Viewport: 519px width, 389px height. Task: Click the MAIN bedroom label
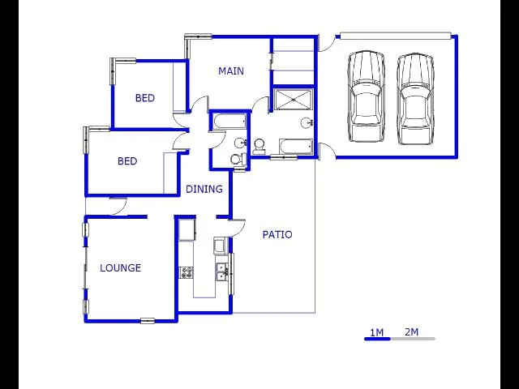point(231,71)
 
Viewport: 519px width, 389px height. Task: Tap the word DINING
point(204,189)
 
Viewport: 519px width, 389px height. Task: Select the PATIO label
point(277,234)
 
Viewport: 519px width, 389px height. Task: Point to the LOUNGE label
point(121,267)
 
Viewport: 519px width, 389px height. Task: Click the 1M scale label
point(376,332)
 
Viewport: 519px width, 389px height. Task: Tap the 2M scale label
point(411,331)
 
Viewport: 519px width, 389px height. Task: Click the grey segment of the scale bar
point(413,339)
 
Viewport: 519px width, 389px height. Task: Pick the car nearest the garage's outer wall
point(416,99)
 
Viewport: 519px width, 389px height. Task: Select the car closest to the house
point(366,96)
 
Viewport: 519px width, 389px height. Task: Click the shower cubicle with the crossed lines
point(294,99)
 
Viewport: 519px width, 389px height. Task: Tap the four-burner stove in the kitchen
point(187,273)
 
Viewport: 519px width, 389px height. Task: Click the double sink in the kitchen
point(221,272)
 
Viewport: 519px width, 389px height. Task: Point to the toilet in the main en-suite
point(259,147)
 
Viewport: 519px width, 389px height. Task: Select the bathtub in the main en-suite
point(296,147)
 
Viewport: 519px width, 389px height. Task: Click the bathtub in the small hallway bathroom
point(230,122)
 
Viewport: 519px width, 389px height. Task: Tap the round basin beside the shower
point(307,123)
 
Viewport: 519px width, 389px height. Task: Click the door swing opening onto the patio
point(237,228)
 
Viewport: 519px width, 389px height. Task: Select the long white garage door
point(396,36)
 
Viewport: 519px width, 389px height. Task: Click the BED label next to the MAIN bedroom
point(145,98)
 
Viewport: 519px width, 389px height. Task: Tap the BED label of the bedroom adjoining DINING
point(127,161)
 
